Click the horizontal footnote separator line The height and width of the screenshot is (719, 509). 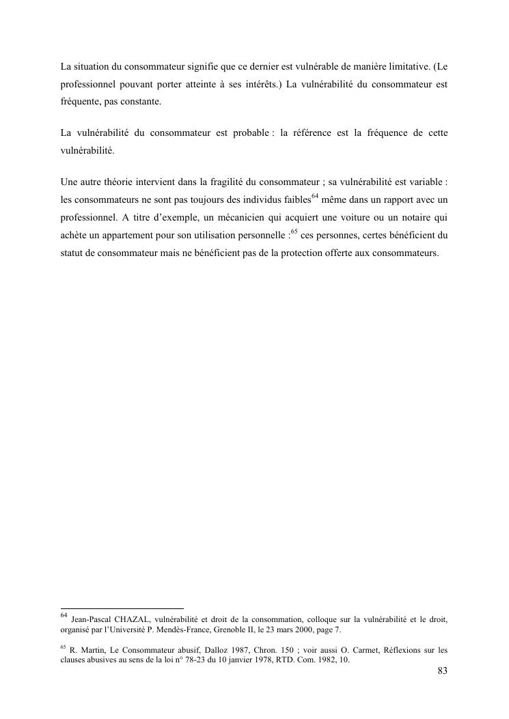[x=122, y=608]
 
